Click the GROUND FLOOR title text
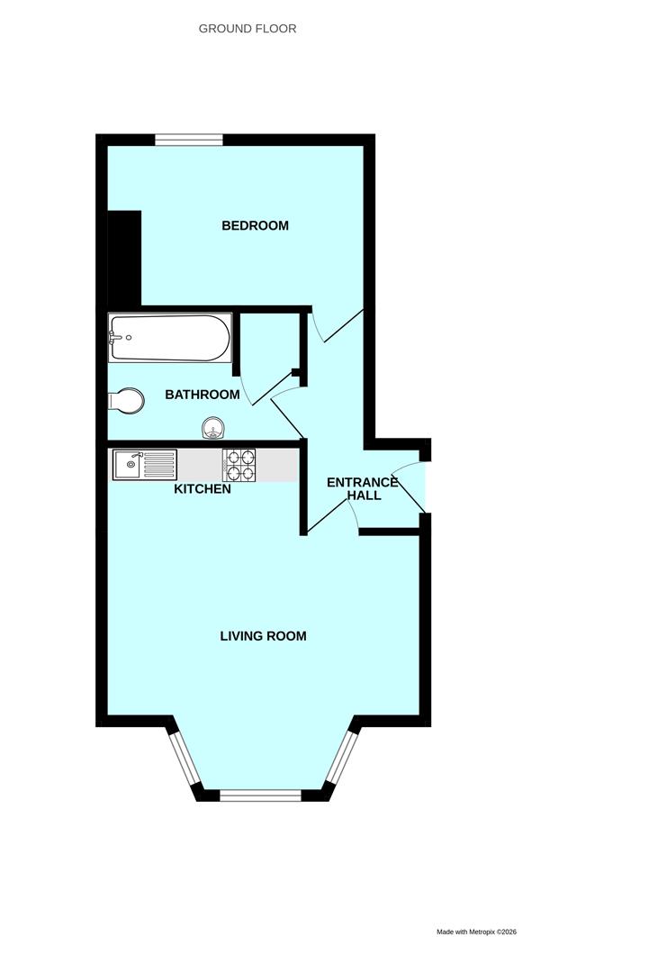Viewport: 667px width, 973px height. coord(248,29)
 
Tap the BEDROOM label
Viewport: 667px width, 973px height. coord(256,225)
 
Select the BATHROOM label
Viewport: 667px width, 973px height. coord(203,395)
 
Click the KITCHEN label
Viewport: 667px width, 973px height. coord(203,489)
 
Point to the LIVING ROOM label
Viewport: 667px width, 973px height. coord(263,636)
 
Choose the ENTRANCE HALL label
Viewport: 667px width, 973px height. coord(363,489)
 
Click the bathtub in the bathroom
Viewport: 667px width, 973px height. coord(169,338)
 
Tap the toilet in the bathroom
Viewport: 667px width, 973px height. coord(125,400)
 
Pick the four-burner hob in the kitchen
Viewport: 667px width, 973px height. coord(239,465)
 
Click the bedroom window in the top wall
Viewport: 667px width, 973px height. coord(188,140)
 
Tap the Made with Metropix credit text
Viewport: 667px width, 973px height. coord(476,932)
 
